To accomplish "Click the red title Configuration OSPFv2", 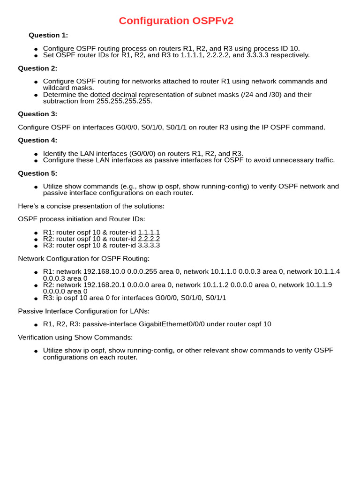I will [176, 21].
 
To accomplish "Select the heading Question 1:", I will [48, 35].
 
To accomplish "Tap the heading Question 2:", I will [37, 68].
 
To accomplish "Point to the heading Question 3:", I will [37, 114].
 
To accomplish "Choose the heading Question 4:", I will [37, 140].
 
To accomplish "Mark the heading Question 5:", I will [37, 173].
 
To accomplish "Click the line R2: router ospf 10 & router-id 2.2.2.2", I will [101, 239].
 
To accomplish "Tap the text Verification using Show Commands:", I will [75, 337].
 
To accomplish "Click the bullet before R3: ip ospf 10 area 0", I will [36, 298].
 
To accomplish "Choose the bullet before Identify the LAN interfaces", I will [36, 154].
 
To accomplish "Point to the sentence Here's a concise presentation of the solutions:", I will [91, 206].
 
